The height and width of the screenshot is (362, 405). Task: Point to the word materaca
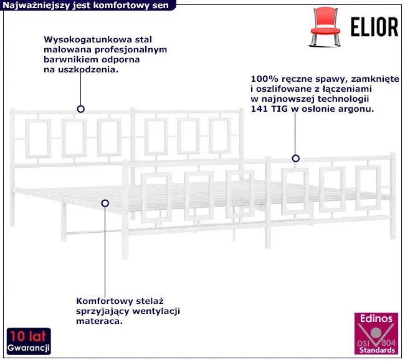(x=97, y=321)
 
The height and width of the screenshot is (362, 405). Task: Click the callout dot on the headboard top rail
(x=80, y=109)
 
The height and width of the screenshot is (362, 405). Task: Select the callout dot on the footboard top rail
(x=296, y=159)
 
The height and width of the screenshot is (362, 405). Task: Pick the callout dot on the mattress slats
(x=105, y=203)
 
